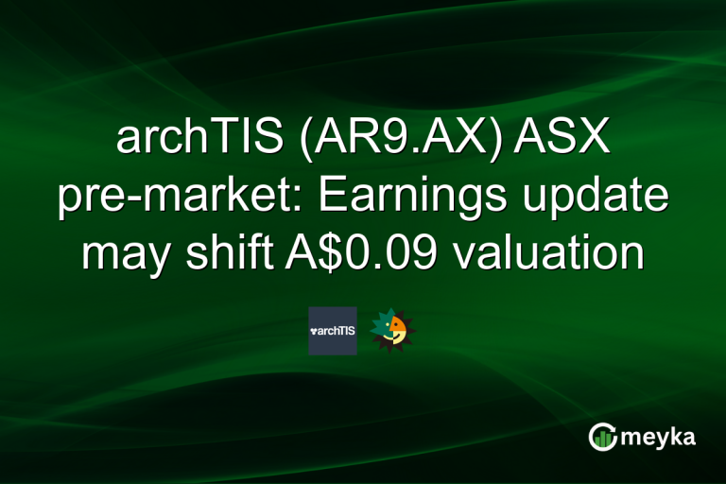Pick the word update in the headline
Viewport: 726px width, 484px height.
pyautogui.click(x=589, y=199)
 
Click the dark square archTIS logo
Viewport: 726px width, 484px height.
pyautogui.click(x=333, y=331)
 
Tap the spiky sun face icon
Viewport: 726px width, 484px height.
pyautogui.click(x=392, y=330)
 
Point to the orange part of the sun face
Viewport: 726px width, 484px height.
pyautogui.click(x=400, y=330)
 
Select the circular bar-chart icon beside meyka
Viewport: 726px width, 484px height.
pyautogui.click(x=603, y=437)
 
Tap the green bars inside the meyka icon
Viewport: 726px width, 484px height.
pyautogui.click(x=603, y=439)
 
